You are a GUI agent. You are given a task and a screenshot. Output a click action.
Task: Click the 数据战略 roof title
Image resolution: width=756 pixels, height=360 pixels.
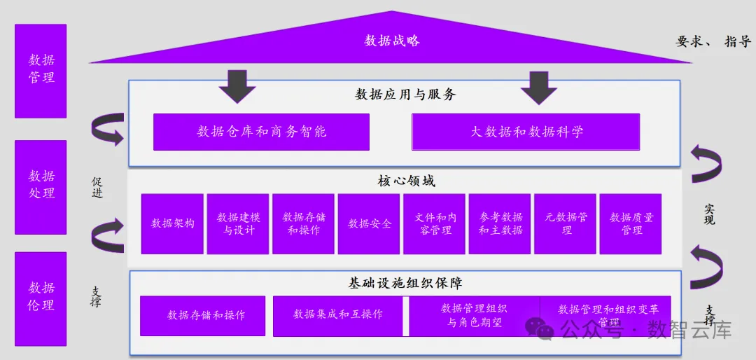[392, 41]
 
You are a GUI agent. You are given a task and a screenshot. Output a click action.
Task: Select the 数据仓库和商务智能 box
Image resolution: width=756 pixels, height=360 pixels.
[261, 132]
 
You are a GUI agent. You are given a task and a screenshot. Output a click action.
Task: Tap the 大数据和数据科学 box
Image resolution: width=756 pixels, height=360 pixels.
[526, 132]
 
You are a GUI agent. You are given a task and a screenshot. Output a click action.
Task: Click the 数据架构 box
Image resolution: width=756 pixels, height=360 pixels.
[172, 223]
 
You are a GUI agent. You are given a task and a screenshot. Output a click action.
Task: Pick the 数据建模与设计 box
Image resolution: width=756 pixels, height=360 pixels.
[237, 223]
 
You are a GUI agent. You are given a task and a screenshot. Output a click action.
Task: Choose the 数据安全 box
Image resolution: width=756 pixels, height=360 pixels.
[369, 223]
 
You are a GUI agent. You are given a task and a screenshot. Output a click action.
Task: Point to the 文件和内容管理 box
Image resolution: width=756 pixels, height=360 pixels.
[434, 223]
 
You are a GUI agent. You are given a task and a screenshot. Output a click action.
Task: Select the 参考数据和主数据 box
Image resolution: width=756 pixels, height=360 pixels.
[500, 223]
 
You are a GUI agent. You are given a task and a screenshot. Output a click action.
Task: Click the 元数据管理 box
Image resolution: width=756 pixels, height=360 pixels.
[566, 223]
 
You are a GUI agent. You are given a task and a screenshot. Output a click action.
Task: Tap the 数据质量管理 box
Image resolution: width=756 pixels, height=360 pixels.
[631, 223]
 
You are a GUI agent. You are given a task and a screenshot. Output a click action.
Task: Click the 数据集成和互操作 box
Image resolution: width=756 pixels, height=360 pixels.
[338, 314]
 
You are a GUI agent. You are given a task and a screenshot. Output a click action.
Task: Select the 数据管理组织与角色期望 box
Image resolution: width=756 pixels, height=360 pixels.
[474, 315]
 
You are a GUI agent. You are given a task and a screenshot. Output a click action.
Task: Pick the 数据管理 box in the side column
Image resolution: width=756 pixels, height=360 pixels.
[41, 71]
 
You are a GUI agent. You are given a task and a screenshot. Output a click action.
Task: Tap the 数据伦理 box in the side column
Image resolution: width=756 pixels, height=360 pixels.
[41, 298]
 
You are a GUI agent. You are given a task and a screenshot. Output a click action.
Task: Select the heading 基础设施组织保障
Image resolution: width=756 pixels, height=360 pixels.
[405, 284]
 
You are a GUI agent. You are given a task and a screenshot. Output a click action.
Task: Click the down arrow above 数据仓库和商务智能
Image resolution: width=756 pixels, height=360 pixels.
[237, 85]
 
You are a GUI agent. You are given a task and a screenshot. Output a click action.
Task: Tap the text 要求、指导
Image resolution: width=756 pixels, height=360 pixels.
[713, 42]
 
